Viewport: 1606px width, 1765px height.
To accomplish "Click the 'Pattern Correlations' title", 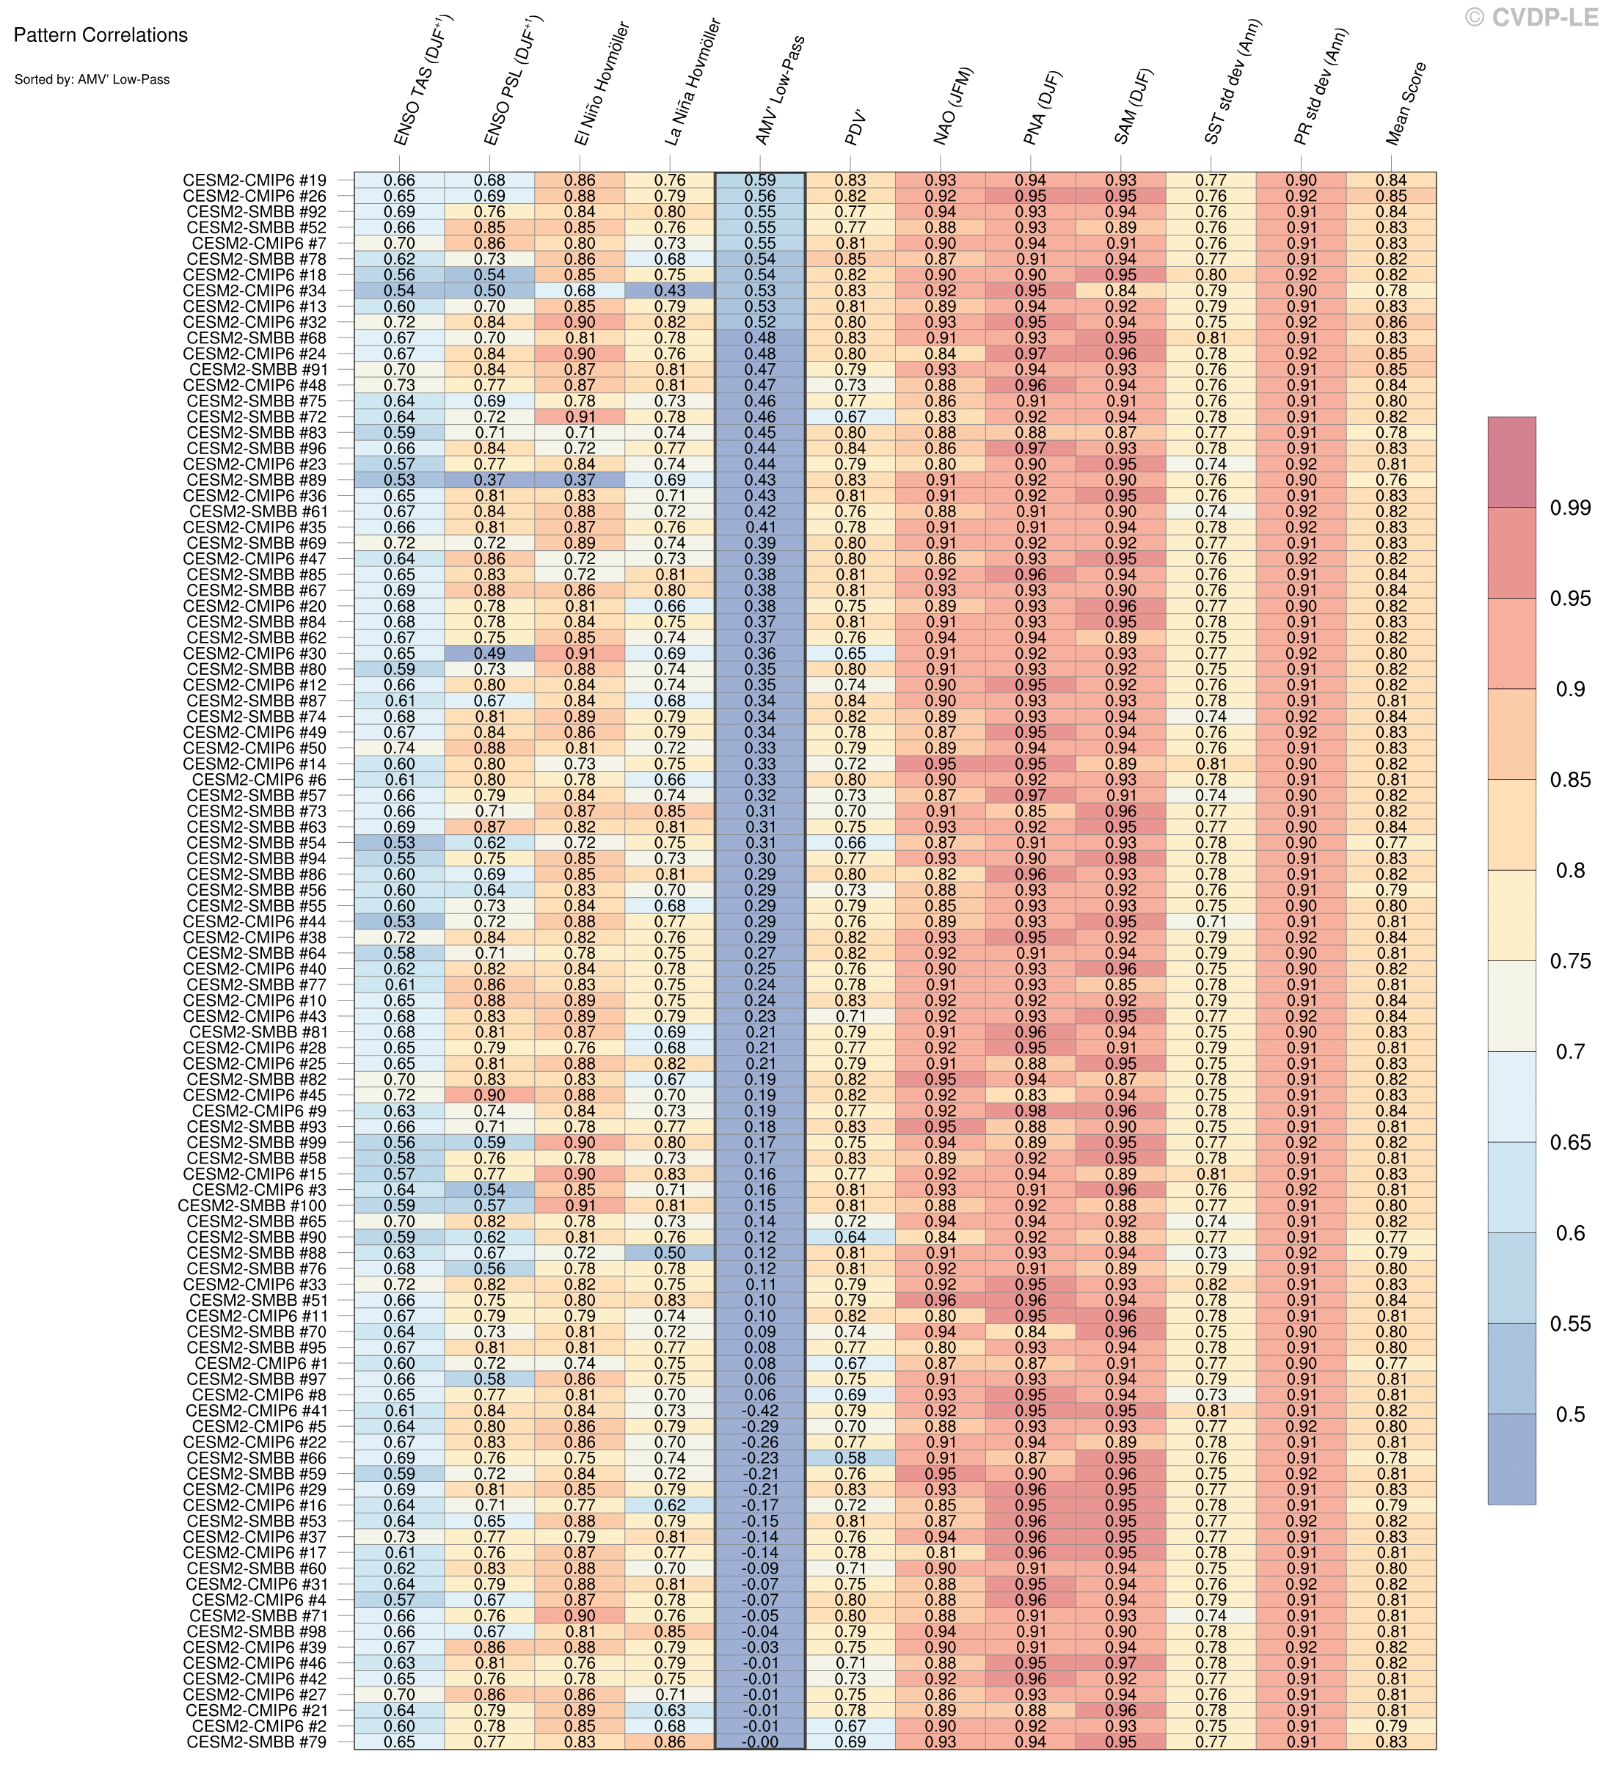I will (x=101, y=36).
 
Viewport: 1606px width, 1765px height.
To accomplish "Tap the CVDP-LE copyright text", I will (x=1532, y=17).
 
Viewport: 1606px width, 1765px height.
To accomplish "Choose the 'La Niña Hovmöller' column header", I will (x=692, y=82).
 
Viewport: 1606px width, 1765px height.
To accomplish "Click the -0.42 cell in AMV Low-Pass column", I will (x=759, y=1411).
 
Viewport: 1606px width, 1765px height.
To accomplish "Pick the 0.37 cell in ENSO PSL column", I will (x=489, y=480).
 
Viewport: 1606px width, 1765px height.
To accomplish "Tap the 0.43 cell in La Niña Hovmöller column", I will (x=669, y=290).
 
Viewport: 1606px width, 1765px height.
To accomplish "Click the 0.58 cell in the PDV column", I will (x=850, y=1458).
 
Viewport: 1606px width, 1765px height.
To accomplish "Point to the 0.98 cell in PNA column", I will (x=1031, y=1111).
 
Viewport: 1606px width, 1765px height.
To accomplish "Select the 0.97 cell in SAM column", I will (x=1121, y=1662).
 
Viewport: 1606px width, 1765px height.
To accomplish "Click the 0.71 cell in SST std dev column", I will (x=1211, y=922).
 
